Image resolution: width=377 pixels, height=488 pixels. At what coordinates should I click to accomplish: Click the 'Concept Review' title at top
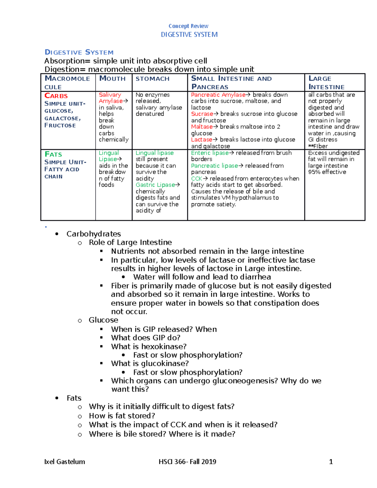point(188,26)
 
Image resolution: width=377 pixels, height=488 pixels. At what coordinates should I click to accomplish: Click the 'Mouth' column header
point(112,79)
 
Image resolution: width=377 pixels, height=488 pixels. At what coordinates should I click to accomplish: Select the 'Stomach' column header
point(152,79)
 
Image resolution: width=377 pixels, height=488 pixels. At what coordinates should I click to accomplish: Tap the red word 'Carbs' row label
point(56,96)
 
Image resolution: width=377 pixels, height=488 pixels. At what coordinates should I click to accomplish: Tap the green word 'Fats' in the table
point(53,154)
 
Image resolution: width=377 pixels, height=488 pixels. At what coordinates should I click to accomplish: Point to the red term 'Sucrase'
point(202,114)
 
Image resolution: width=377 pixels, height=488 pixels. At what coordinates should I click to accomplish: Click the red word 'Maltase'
point(202,127)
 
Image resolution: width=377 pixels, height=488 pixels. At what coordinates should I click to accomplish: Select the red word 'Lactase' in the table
point(201,140)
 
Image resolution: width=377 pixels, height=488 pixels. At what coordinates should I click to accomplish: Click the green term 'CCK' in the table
point(197,178)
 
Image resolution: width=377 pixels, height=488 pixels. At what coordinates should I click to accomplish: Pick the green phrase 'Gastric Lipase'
point(155,185)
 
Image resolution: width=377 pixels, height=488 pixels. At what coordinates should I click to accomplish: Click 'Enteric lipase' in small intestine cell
point(210,153)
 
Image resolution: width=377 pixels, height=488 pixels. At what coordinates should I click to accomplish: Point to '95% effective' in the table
point(327,172)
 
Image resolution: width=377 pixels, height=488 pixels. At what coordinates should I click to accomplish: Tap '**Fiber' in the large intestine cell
point(318,146)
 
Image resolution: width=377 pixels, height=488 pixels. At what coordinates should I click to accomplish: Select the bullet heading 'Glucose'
point(103,320)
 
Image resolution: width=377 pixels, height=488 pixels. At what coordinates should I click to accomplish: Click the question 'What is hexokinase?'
point(149,346)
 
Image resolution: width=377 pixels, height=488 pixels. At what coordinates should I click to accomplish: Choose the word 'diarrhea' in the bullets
point(255,277)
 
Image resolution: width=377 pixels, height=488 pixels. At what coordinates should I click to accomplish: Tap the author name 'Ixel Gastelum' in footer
point(65,462)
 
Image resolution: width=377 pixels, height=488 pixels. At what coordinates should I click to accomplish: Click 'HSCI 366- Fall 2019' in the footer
point(187,462)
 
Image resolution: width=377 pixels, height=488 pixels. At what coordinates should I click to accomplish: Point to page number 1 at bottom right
point(331,462)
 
